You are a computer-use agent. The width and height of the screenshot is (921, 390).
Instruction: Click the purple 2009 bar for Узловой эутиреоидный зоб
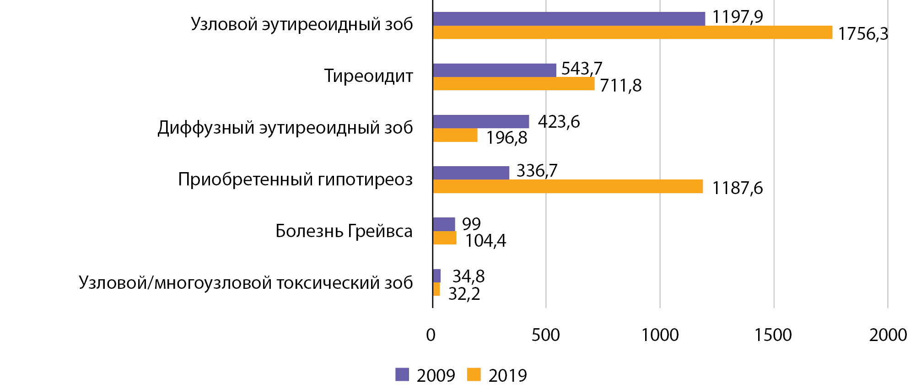coord(569,19)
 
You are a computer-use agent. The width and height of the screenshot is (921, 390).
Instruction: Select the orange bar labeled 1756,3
coord(632,32)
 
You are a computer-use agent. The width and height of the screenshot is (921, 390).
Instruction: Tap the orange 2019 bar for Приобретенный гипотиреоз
coord(567,186)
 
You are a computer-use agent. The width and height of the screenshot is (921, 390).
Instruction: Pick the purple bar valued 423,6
coord(480,121)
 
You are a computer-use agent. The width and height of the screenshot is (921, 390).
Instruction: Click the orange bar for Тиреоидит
coord(513,84)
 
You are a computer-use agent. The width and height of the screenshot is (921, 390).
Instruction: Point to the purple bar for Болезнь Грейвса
coord(444,224)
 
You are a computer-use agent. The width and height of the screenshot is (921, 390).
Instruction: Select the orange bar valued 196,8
coord(455,135)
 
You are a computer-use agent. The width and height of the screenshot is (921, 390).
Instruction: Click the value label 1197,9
coord(738,17)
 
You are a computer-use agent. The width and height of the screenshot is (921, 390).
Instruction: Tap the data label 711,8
coord(620,86)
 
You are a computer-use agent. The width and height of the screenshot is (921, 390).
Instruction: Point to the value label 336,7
coord(537,171)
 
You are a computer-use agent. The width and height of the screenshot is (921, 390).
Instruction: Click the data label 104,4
coord(485,241)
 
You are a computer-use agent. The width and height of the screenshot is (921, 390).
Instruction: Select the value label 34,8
coord(469,276)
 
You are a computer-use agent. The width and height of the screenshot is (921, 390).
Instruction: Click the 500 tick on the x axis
coord(545,335)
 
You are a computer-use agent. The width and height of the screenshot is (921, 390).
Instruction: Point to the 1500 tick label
coord(773,335)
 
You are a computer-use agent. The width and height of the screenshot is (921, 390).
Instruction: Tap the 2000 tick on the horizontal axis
coord(888,335)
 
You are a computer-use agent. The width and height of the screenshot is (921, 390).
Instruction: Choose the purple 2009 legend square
coord(402,374)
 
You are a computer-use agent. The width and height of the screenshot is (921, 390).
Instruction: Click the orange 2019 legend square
coord(474,374)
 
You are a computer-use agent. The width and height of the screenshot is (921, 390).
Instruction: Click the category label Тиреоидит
coord(368,76)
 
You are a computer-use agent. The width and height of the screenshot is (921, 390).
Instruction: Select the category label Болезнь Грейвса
coord(344,231)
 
